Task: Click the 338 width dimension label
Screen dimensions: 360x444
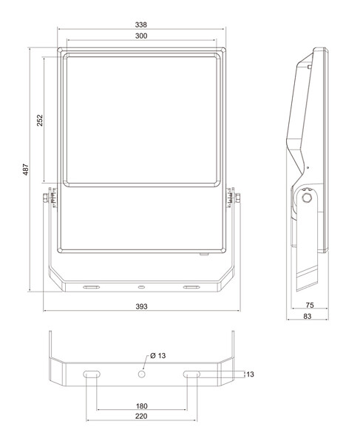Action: click(141, 25)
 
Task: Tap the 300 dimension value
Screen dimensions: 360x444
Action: click(141, 36)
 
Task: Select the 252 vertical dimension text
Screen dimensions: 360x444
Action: click(40, 121)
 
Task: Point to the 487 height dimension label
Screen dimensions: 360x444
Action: click(26, 169)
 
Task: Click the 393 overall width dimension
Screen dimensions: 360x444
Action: click(141, 306)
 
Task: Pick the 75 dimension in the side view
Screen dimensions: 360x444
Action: click(310, 305)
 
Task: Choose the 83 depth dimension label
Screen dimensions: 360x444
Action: click(308, 316)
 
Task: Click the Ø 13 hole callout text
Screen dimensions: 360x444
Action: click(157, 356)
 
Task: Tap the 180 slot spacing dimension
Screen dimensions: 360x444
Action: click(142, 406)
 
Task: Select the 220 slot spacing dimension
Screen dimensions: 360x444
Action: click(141, 416)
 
